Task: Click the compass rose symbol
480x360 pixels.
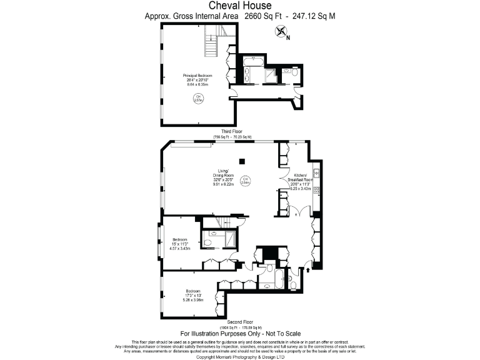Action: click(x=281, y=32)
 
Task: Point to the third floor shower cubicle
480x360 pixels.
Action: click(x=271, y=76)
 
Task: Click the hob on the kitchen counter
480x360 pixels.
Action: click(x=317, y=189)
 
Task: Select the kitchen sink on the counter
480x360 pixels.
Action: click(x=317, y=172)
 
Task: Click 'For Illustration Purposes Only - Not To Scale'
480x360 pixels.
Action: click(x=239, y=334)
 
